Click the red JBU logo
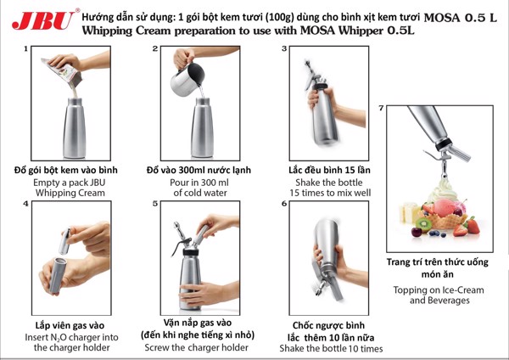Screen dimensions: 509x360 coord(42,20)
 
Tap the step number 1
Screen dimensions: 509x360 coord(25,49)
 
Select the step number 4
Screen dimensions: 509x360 coord(26,204)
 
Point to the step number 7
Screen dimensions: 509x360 coord(382,108)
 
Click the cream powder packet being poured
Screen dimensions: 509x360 coord(64,70)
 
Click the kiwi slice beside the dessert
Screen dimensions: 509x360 coord(424,224)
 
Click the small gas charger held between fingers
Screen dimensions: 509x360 coord(65,241)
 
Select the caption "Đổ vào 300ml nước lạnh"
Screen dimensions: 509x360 coord(199,170)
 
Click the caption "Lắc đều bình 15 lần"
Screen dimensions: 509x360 coord(329,170)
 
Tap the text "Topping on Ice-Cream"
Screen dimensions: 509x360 coord(439,290)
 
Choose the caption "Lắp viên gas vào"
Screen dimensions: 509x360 coord(70,325)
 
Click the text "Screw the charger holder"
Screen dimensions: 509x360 coord(197,347)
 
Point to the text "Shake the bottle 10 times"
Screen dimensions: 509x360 coord(331,349)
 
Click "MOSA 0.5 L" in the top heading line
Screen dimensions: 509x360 coord(461,17)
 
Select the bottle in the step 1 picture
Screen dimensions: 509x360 coord(75,127)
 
